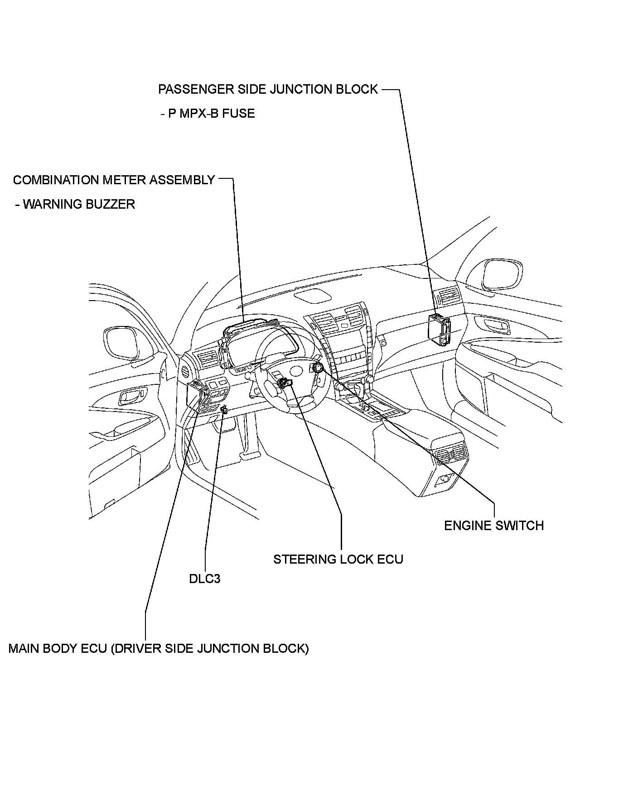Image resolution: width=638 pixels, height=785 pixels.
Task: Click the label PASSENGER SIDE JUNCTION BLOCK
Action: pyautogui.click(x=267, y=89)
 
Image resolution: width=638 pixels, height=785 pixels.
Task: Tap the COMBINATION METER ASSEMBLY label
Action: pyautogui.click(x=114, y=180)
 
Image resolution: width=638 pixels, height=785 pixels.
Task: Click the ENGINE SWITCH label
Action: pyautogui.click(x=493, y=526)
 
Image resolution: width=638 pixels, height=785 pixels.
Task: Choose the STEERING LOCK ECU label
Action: pyautogui.click(x=338, y=560)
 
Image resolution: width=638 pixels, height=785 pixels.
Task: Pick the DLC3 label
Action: pyautogui.click(x=205, y=579)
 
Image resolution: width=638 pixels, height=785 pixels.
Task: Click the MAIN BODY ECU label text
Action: pyautogui.click(x=158, y=648)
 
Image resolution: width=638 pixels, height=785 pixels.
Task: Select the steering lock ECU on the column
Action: pyautogui.click(x=285, y=383)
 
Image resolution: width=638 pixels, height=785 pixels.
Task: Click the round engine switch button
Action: pyautogui.click(x=317, y=367)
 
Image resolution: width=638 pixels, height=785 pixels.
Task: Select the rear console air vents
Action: pyautogui.click(x=451, y=454)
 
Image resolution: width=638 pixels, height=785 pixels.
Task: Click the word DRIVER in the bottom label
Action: pyautogui.click(x=135, y=648)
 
